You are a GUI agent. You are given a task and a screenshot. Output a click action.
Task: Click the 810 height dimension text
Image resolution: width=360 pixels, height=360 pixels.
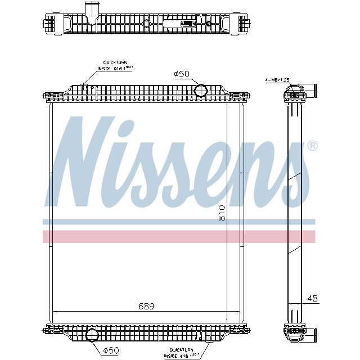(222, 212)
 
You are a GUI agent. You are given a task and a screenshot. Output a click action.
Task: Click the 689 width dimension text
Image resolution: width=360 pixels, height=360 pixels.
(146, 307)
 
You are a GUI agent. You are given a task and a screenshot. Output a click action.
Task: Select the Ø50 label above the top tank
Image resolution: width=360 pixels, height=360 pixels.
(182, 74)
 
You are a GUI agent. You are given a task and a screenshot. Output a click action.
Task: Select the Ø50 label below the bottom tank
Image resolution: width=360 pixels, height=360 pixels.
(112, 350)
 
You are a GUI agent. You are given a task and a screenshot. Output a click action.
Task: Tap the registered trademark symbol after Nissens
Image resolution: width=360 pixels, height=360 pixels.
(313, 146)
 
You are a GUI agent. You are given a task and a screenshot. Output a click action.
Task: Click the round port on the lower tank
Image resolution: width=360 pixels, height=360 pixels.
(92, 334)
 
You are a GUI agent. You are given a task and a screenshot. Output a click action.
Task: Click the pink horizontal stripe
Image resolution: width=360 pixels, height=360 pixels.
(179, 236)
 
